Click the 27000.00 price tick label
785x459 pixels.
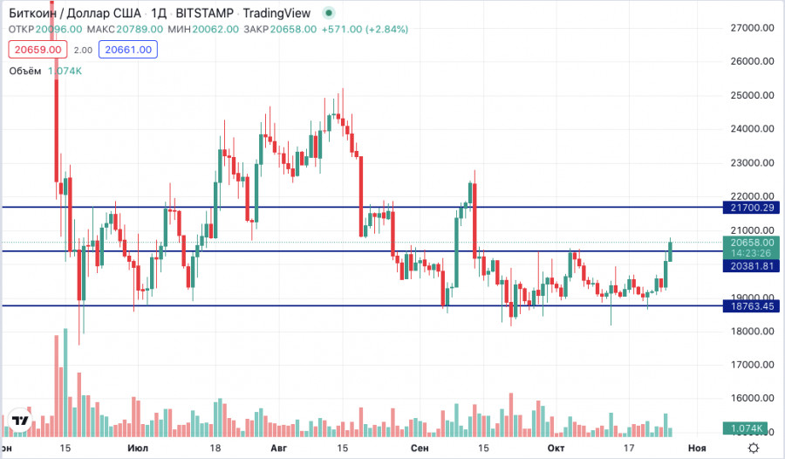pyautogui.click(x=752, y=28)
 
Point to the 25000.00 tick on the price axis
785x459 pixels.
pyautogui.click(x=752, y=95)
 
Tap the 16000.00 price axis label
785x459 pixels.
pyautogui.click(x=752, y=398)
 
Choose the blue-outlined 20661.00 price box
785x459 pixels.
pyautogui.click(x=128, y=50)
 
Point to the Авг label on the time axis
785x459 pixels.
pyautogui.click(x=279, y=448)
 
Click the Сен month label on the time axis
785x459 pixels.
pyautogui.click(x=420, y=448)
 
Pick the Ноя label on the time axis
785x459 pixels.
pyautogui.click(x=696, y=448)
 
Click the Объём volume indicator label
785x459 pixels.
pyautogui.click(x=25, y=72)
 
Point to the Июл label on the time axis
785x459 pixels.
pyautogui.click(x=137, y=448)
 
